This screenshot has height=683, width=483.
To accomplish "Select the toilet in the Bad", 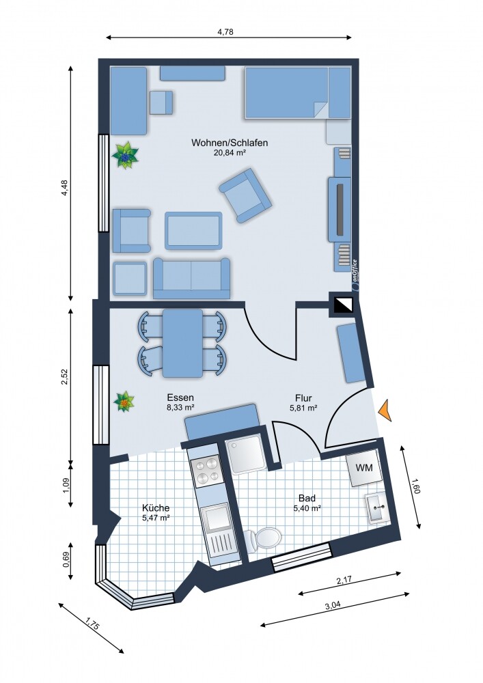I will [264, 538].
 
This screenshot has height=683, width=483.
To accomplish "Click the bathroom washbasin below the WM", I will [377, 507].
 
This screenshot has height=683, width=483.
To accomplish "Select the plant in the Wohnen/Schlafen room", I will [126, 155].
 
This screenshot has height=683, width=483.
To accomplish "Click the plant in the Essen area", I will [124, 402].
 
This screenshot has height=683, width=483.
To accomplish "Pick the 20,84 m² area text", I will [230, 154].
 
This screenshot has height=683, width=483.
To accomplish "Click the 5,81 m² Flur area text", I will [303, 408].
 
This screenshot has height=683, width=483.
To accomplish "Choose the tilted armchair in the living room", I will [245, 196].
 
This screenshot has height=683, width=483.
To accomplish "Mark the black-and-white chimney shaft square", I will [342, 305].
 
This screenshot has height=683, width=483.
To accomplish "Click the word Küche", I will [156, 508].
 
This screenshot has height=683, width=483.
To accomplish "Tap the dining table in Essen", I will [182, 343].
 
